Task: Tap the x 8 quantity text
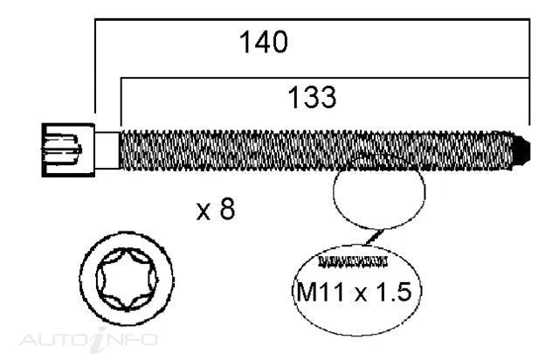[215, 210]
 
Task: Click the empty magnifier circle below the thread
[379, 197]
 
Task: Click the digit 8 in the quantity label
[227, 210]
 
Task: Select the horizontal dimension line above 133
[323, 77]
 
